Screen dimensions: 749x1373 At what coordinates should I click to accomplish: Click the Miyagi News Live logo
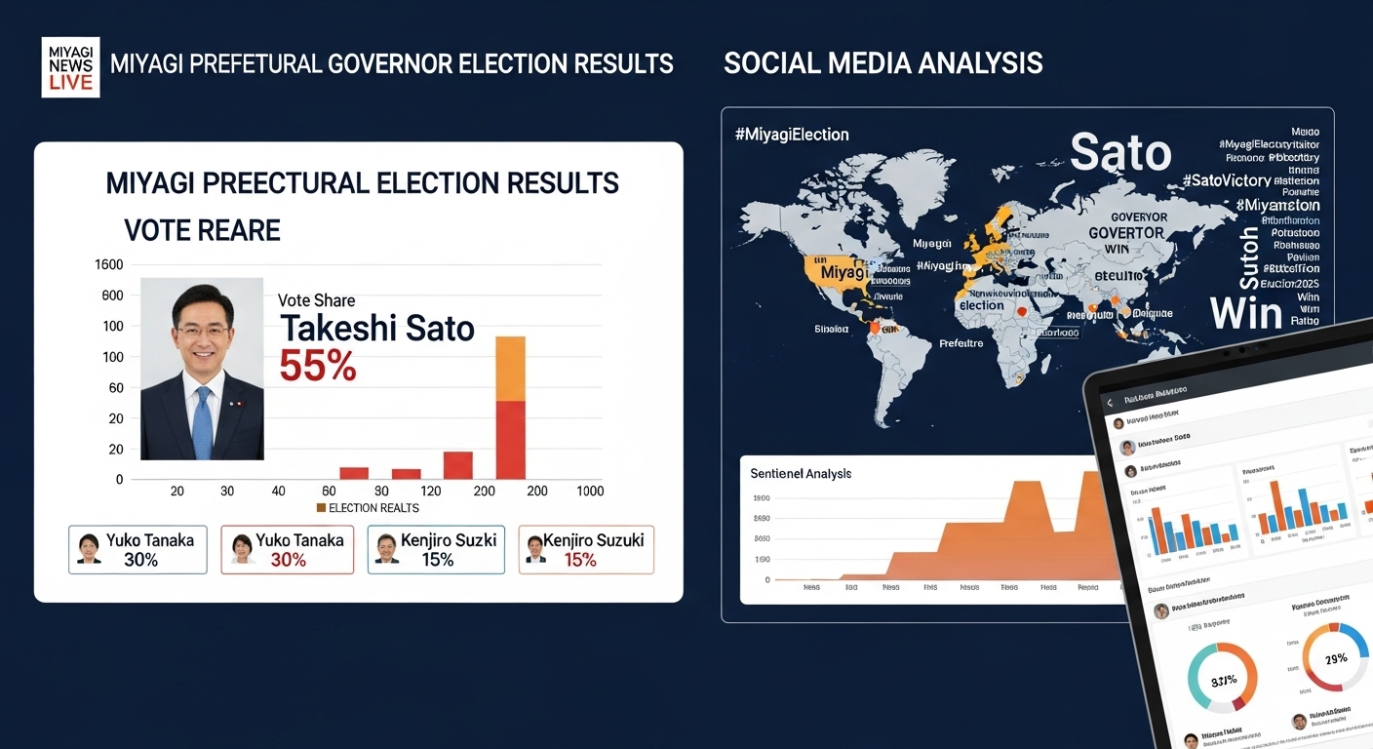point(70,66)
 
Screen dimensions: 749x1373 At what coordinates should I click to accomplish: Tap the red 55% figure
point(318,365)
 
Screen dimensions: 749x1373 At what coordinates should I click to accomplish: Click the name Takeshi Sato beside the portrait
point(377,329)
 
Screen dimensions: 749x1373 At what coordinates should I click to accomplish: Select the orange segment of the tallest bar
point(510,369)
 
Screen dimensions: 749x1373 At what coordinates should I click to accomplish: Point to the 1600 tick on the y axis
point(108,264)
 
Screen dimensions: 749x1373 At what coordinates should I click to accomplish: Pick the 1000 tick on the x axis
point(589,492)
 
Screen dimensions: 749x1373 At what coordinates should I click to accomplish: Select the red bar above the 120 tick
point(457,464)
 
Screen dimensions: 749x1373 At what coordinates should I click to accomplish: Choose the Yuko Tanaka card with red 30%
point(287,550)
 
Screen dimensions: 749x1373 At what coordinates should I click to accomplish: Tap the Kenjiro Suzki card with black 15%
point(436,550)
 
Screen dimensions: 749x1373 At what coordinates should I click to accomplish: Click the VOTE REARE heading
point(202,230)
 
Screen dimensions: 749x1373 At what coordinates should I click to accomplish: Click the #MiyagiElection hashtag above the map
point(792,135)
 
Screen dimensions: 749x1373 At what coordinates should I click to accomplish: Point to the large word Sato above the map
point(1120,153)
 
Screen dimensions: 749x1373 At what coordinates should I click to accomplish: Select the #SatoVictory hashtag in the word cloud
point(1226,180)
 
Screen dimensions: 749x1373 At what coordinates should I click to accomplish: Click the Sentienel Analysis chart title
point(801,474)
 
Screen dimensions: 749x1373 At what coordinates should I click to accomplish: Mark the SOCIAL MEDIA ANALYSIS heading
point(883,64)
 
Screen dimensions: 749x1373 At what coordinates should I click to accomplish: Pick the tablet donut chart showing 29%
point(1334,659)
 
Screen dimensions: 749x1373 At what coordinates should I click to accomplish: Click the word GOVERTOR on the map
point(1125,233)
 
